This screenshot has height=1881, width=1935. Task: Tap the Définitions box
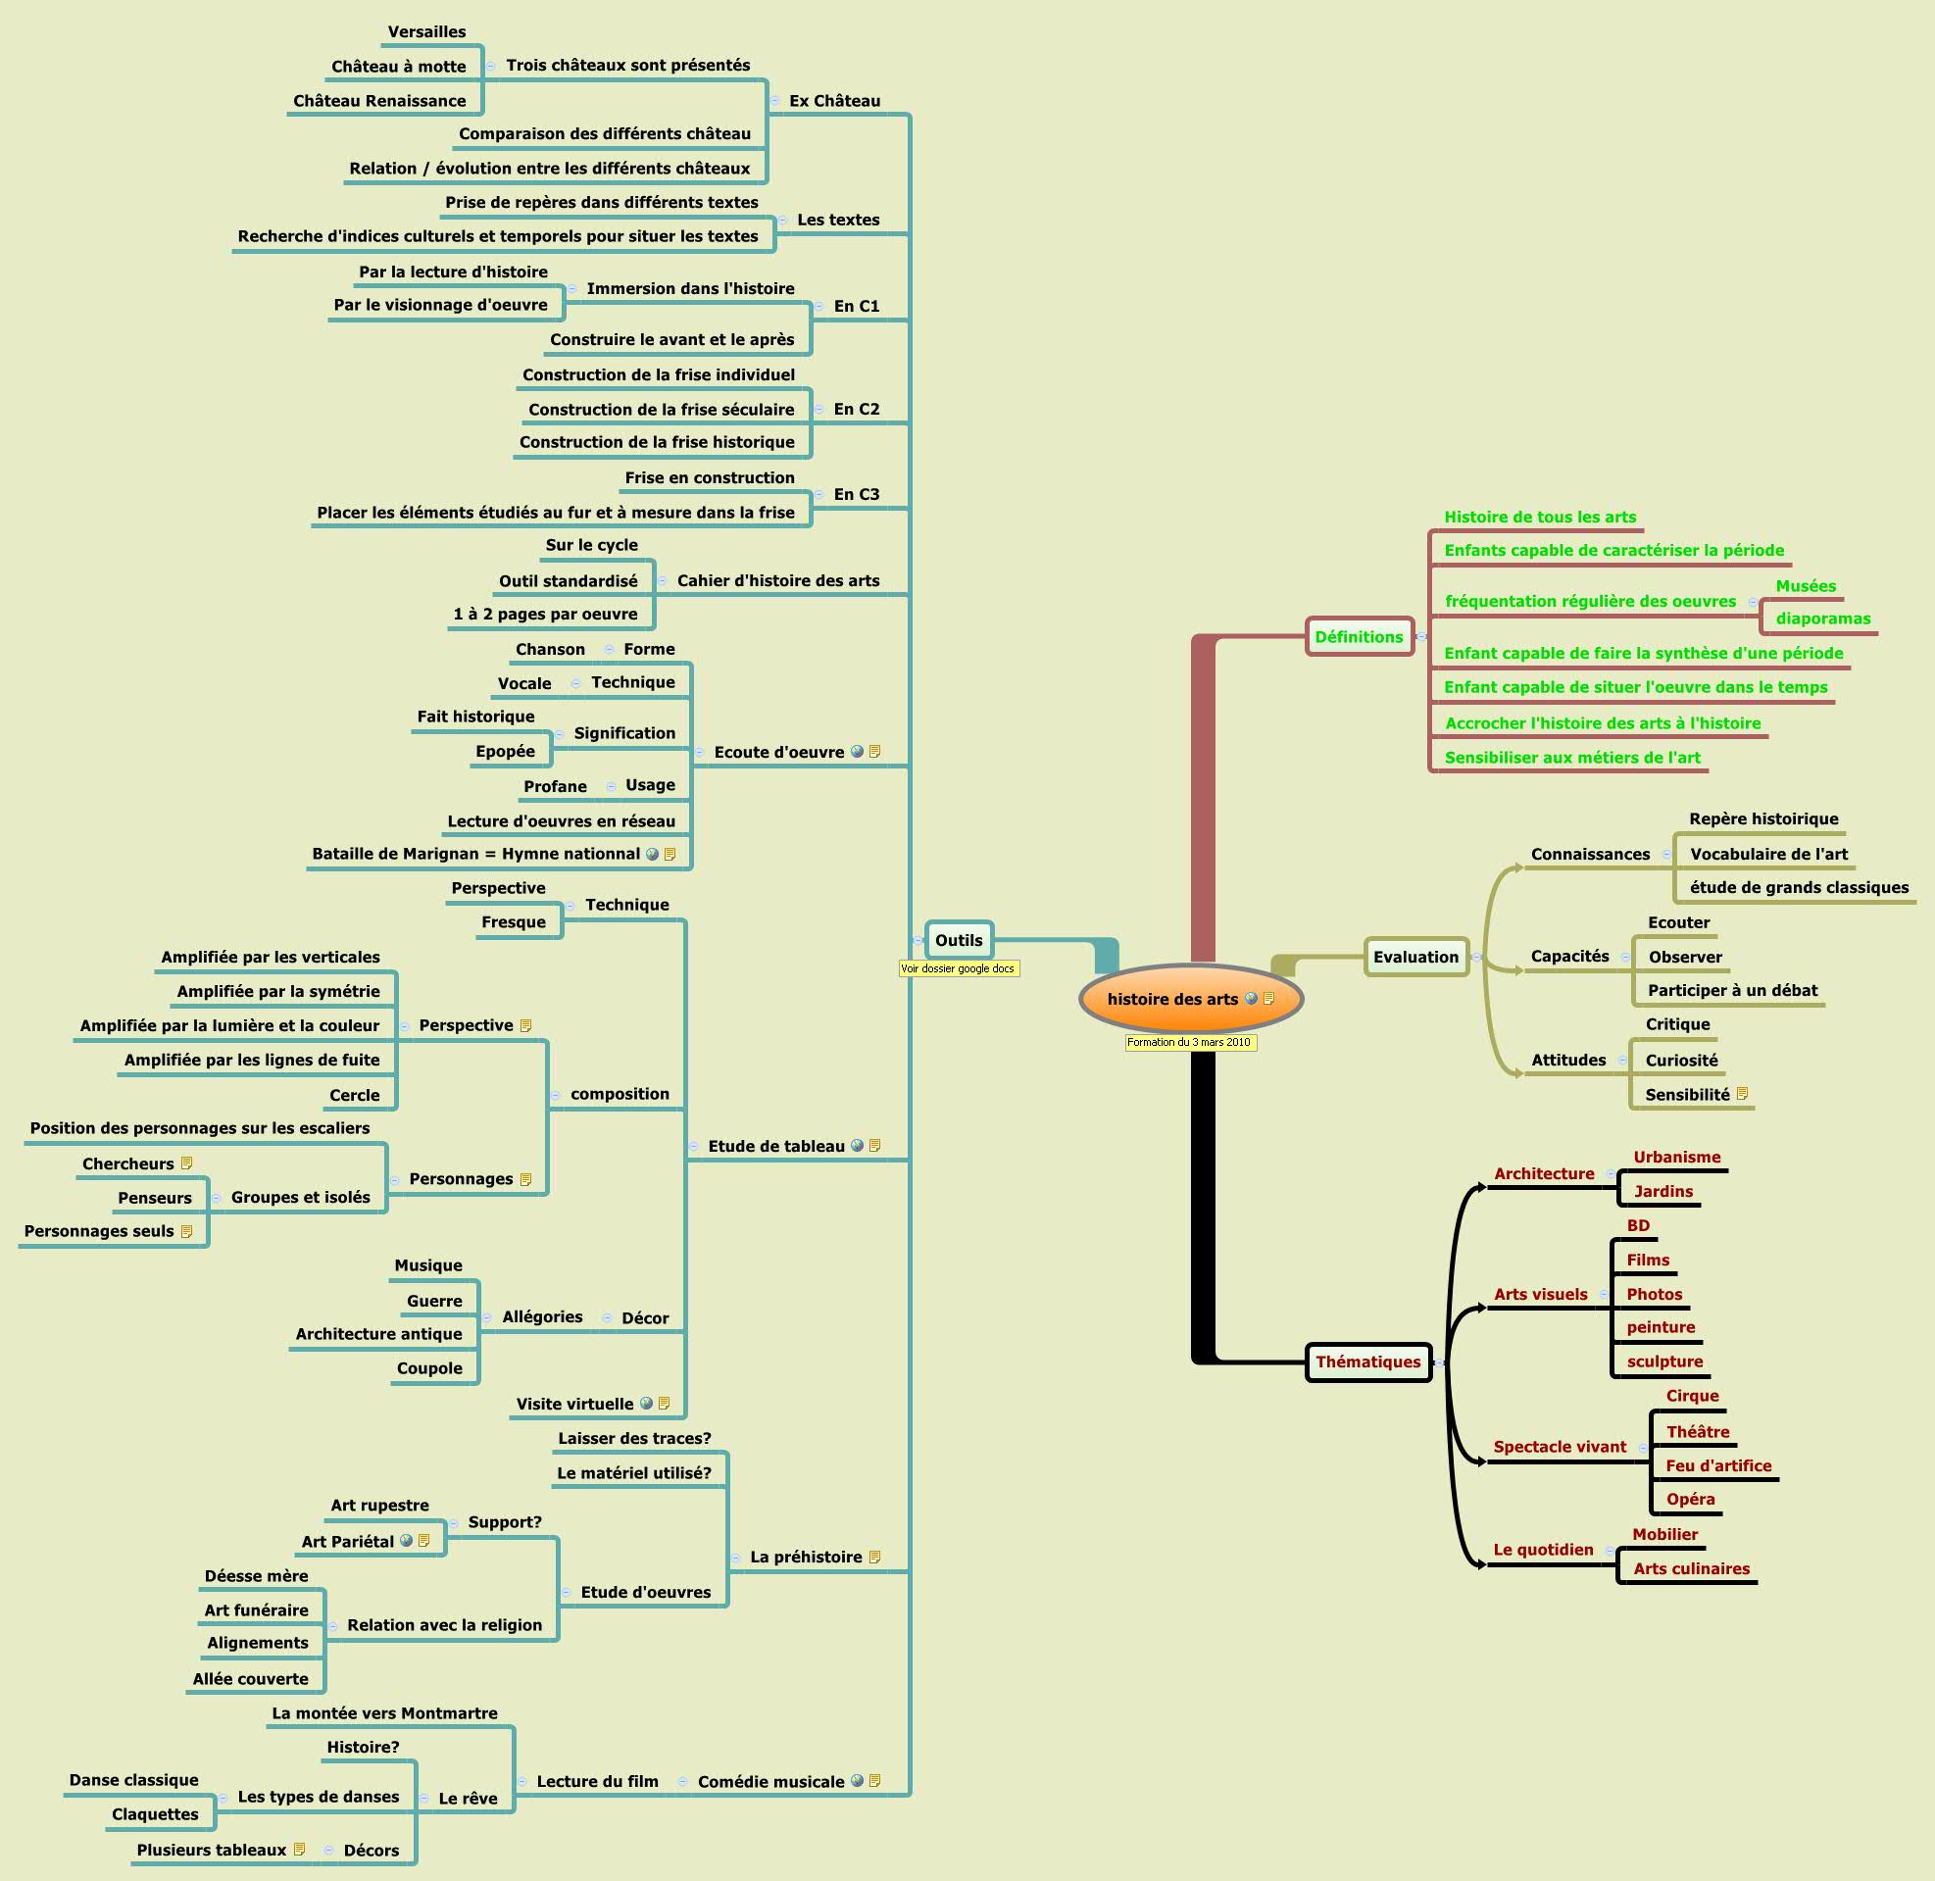tap(1359, 637)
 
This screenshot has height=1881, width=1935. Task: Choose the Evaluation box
tap(1414, 957)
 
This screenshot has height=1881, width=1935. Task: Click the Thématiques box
tap(1367, 1362)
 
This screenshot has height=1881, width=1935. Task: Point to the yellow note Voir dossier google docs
tap(957, 969)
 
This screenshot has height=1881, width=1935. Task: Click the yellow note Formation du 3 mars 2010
tap(1189, 1042)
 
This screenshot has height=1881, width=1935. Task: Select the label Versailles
tap(426, 31)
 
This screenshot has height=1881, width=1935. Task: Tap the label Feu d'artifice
tap(1717, 1466)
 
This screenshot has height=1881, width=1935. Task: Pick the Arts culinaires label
tap(1691, 1569)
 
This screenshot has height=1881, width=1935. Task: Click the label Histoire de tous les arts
tap(1539, 517)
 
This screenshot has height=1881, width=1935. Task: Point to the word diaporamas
tap(1822, 619)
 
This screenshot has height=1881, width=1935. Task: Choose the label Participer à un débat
tap(1732, 991)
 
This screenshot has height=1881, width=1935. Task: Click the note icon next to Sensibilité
tap(1743, 1094)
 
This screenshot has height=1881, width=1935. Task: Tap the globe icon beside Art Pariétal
tap(406, 1540)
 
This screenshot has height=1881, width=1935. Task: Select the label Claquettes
tap(155, 1813)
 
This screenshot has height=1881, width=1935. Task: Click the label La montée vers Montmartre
tap(384, 1713)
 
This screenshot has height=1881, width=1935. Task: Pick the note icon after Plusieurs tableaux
tap(299, 1850)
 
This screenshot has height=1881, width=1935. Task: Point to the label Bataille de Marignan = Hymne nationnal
tap(476, 854)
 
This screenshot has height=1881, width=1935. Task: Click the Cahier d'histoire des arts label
tap(777, 581)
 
